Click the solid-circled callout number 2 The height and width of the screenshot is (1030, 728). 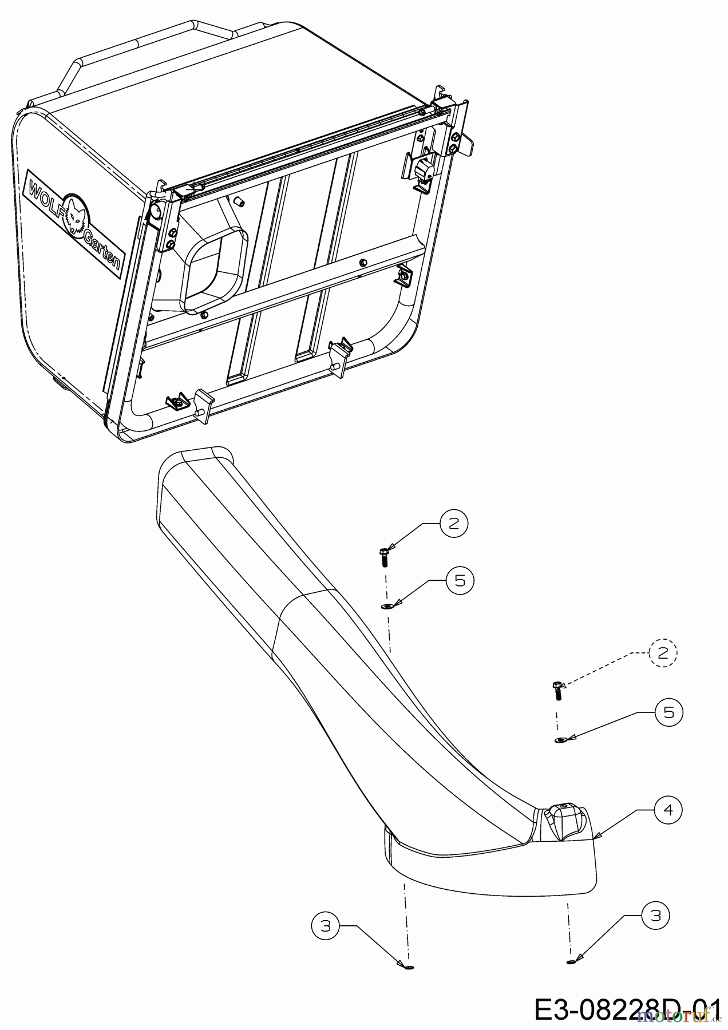[x=454, y=523]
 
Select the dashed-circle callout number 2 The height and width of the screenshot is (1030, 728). [x=663, y=653]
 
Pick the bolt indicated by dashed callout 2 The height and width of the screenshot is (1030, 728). [x=557, y=691]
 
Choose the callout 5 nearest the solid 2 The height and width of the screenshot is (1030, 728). [x=460, y=580]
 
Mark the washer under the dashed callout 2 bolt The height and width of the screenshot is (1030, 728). [x=560, y=740]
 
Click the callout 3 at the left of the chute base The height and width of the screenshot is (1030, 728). [x=326, y=926]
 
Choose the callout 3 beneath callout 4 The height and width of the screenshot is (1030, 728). [x=656, y=916]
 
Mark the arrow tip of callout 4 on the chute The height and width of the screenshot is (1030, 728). [x=596, y=838]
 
